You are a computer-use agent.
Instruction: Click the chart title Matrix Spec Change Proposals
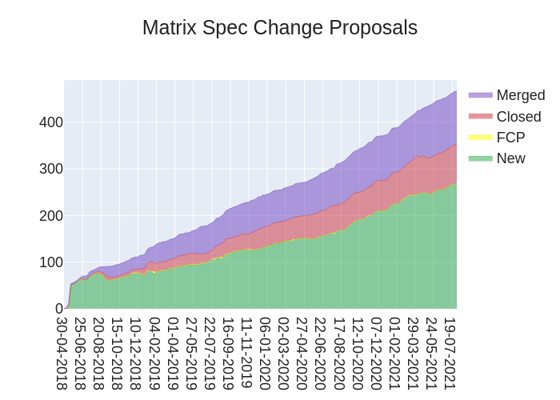(x=280, y=28)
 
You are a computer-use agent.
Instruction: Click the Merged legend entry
(x=520, y=95)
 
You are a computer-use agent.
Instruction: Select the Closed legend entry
(x=518, y=117)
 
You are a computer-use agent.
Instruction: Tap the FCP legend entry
(x=510, y=138)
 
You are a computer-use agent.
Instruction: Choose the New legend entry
(x=510, y=158)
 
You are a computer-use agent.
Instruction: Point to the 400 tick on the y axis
(x=51, y=122)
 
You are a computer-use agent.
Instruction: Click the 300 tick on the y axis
(x=51, y=169)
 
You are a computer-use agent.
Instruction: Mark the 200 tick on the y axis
(x=51, y=215)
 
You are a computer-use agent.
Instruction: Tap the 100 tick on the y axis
(x=51, y=262)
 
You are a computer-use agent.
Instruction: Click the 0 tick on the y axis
(x=58, y=308)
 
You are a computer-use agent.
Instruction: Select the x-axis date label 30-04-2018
(x=62, y=353)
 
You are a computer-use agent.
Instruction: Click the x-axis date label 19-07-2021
(x=450, y=353)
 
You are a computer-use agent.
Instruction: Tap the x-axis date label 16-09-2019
(x=229, y=353)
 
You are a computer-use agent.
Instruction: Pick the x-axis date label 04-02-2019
(x=154, y=353)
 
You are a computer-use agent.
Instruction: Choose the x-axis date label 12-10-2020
(x=358, y=353)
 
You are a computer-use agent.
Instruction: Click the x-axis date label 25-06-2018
(x=81, y=353)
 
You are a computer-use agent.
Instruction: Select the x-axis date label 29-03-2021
(x=414, y=353)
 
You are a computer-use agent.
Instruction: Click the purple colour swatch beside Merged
(x=481, y=95)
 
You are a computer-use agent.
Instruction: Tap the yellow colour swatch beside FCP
(x=481, y=138)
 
